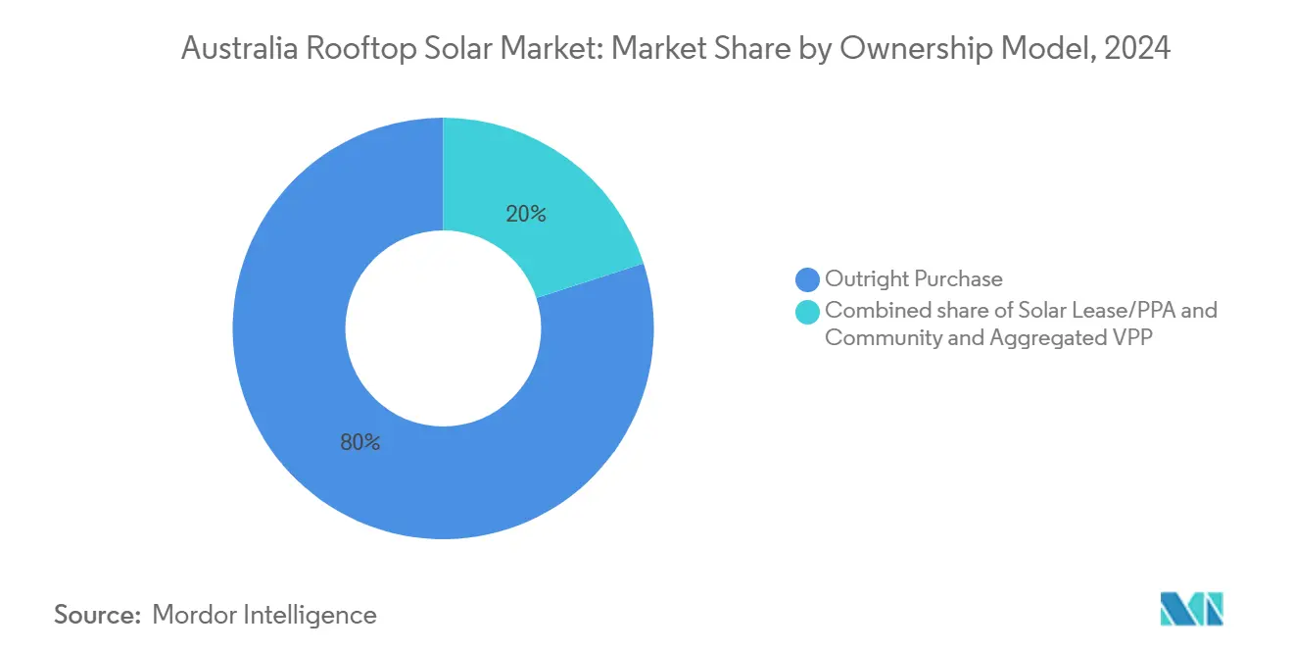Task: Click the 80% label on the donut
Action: click(359, 442)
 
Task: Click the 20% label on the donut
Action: click(526, 213)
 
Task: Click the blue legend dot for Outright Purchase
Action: click(808, 279)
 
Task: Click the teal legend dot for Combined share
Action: click(808, 312)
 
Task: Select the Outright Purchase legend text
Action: click(913, 279)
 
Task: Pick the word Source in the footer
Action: click(96, 615)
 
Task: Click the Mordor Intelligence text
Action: click(264, 615)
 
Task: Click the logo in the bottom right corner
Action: click(1191, 609)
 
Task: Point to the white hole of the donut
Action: click(443, 327)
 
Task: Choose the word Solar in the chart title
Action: click(461, 49)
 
